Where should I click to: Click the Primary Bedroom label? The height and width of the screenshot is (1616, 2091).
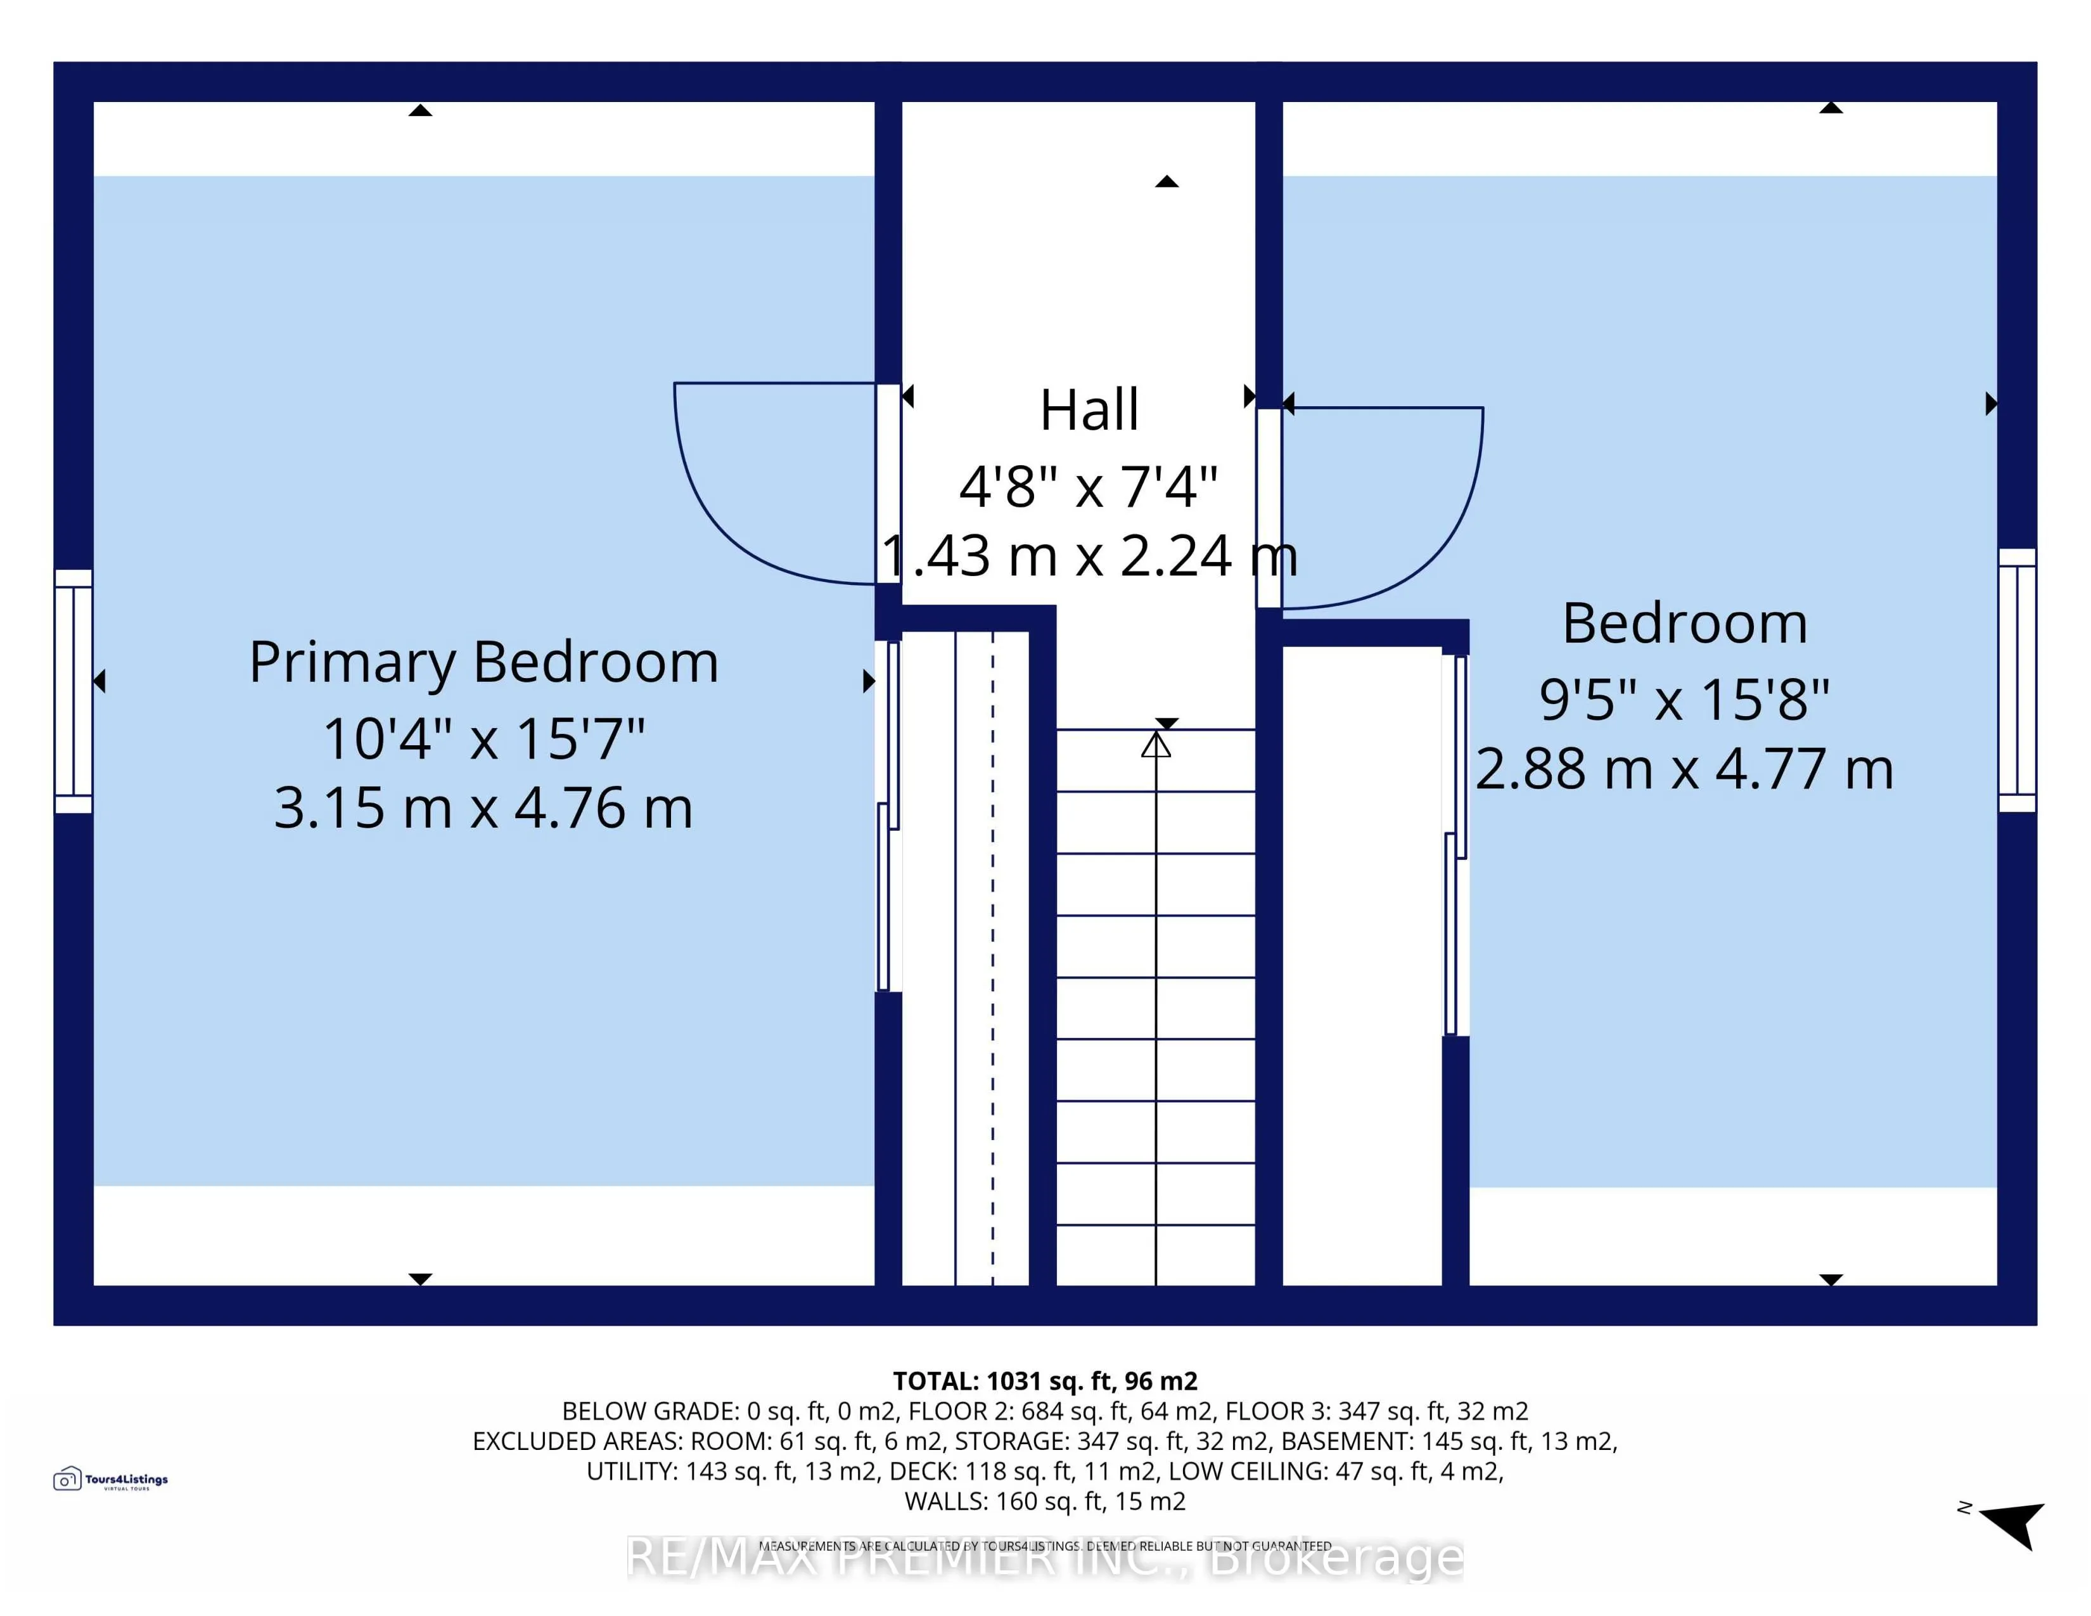click(x=483, y=662)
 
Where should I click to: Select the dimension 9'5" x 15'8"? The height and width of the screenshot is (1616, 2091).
click(x=1684, y=700)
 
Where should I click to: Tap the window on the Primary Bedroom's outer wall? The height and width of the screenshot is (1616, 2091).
click(x=73, y=691)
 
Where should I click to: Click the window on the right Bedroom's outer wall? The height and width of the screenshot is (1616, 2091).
click(x=2016, y=681)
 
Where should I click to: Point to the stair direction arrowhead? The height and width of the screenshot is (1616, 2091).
click(x=1156, y=745)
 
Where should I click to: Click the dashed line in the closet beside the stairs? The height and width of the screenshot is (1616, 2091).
click(x=993, y=958)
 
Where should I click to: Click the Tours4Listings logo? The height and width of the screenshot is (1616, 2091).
click(x=110, y=1480)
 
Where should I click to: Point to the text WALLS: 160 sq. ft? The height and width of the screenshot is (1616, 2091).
click(x=1044, y=1501)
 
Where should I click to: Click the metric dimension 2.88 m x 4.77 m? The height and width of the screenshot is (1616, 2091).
click(x=1684, y=770)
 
